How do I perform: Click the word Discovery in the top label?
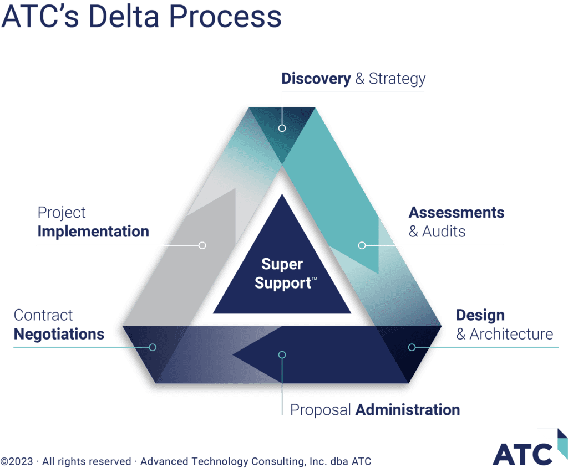pyautogui.click(x=316, y=79)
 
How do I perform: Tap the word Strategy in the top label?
pyautogui.click(x=397, y=79)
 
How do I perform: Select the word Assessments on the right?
pyautogui.click(x=457, y=213)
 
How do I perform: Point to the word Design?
pyautogui.click(x=480, y=315)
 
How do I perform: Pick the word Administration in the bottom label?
pyautogui.click(x=407, y=410)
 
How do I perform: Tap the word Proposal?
pyautogui.click(x=320, y=410)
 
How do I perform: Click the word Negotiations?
pyautogui.click(x=59, y=335)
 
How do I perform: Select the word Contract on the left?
pyautogui.click(x=43, y=315)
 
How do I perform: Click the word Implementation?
pyautogui.click(x=93, y=232)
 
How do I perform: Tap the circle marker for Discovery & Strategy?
pyautogui.click(x=282, y=128)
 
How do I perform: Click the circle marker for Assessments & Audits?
pyautogui.click(x=362, y=245)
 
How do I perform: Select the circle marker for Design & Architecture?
pyautogui.click(x=412, y=347)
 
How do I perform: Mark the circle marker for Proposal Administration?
pyautogui.click(x=282, y=354)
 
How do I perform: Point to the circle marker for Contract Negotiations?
pyautogui.click(x=153, y=347)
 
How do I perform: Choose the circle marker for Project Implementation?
pyautogui.click(x=202, y=245)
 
